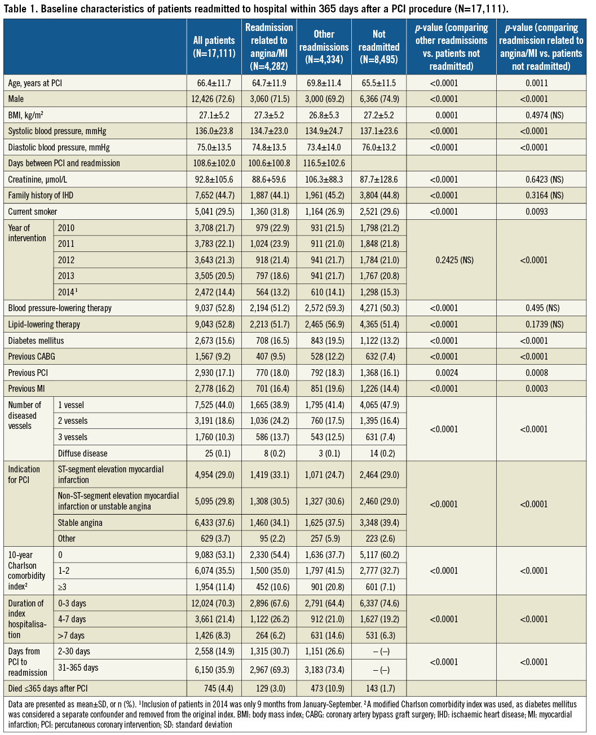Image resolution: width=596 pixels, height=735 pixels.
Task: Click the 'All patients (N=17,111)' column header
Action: tap(214, 47)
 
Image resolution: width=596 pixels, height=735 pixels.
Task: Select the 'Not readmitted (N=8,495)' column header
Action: tap(379, 47)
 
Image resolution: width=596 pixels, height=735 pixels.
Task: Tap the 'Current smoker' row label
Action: tap(33, 212)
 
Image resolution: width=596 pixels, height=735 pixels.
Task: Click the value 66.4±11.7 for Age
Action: tap(214, 83)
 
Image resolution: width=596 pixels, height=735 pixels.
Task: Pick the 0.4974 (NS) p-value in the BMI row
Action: tap(541, 115)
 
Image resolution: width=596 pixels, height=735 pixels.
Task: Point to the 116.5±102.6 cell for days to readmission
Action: tap(324, 163)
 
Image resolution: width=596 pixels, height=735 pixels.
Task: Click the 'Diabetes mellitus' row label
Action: tap(36, 341)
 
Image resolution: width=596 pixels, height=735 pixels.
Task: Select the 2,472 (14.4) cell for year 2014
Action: tap(214, 293)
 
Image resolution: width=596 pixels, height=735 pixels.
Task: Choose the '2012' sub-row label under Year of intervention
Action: tap(66, 260)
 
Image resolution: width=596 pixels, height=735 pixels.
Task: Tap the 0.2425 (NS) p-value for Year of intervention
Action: tap(451, 260)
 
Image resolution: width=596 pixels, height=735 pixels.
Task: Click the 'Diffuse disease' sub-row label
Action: tap(82, 454)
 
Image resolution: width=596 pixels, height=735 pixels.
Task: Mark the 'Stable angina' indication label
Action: tap(80, 523)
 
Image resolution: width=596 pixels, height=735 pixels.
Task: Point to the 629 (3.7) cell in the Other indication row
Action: tap(214, 539)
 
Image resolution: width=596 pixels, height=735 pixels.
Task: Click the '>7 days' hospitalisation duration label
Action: tap(71, 636)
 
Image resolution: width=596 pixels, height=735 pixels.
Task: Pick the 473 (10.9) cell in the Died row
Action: tap(324, 689)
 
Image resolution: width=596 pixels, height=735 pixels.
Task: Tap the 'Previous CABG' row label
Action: tap(32, 357)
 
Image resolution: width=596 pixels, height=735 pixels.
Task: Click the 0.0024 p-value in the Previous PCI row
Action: tap(451, 373)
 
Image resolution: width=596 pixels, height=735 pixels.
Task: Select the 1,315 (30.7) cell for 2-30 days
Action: tap(269, 652)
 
